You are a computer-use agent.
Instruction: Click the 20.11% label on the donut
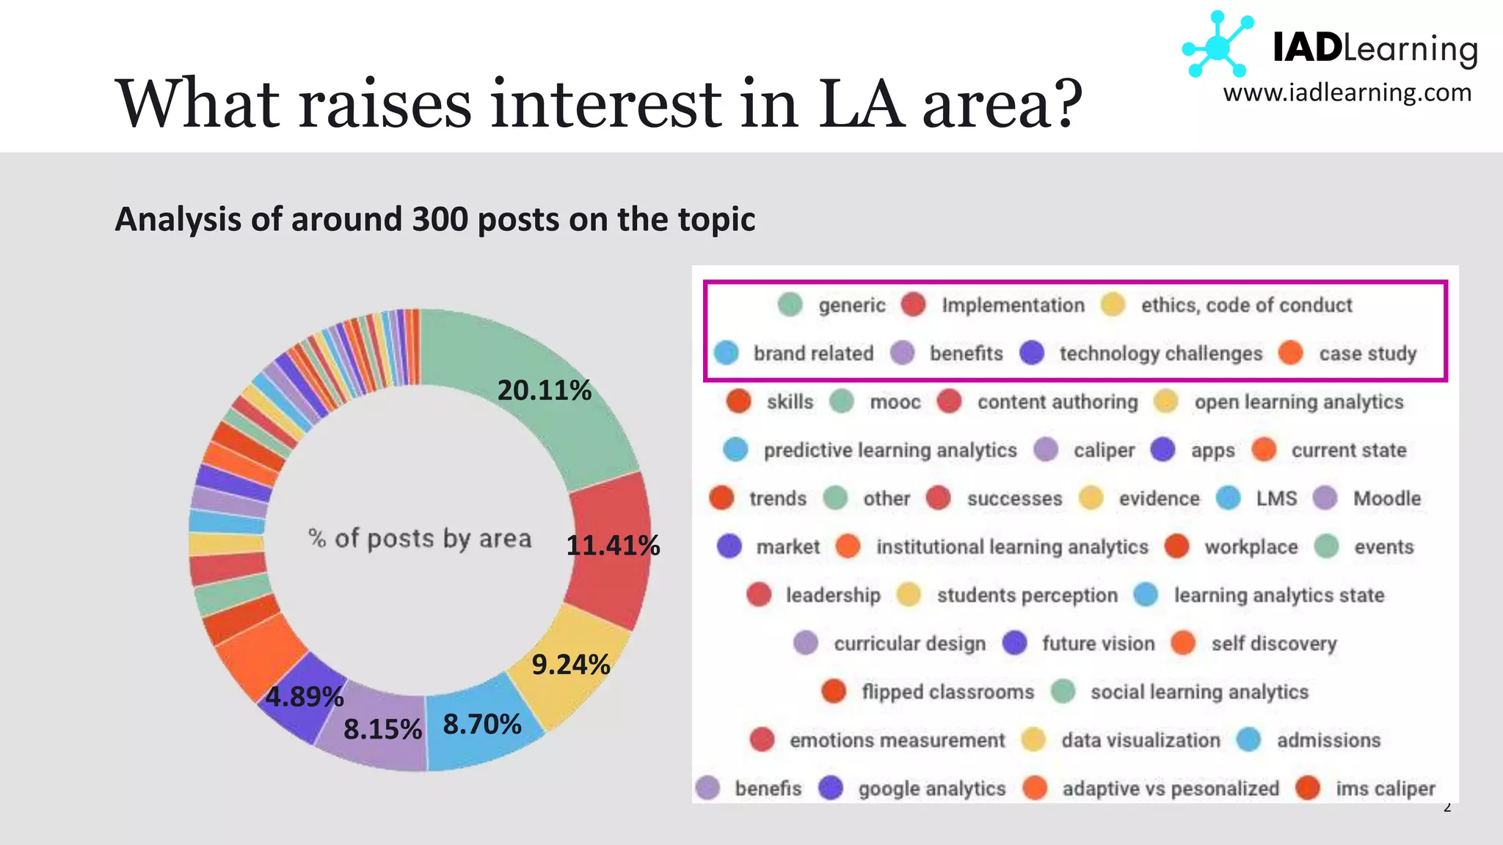click(544, 390)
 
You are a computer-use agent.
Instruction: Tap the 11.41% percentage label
click(613, 546)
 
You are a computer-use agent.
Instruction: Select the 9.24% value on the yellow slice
click(570, 665)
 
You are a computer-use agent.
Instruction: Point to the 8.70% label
click(482, 725)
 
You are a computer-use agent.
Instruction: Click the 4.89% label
click(305, 697)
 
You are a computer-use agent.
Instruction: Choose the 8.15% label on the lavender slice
click(382, 730)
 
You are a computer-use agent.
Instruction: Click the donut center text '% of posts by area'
click(420, 538)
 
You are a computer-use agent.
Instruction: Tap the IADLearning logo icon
click(1218, 45)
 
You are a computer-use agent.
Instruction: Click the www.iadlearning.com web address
click(1347, 93)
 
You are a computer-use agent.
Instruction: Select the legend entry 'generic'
click(851, 305)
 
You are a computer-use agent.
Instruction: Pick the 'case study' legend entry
click(1367, 354)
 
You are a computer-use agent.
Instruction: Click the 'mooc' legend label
click(895, 402)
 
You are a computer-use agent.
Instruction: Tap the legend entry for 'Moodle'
click(1386, 499)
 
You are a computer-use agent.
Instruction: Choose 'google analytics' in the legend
click(931, 789)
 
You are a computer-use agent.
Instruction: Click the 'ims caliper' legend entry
click(1385, 789)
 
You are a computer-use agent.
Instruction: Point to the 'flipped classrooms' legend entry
click(947, 692)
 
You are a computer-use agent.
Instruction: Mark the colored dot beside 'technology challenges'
click(1032, 353)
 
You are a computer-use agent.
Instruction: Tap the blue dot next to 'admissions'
click(1248, 740)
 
